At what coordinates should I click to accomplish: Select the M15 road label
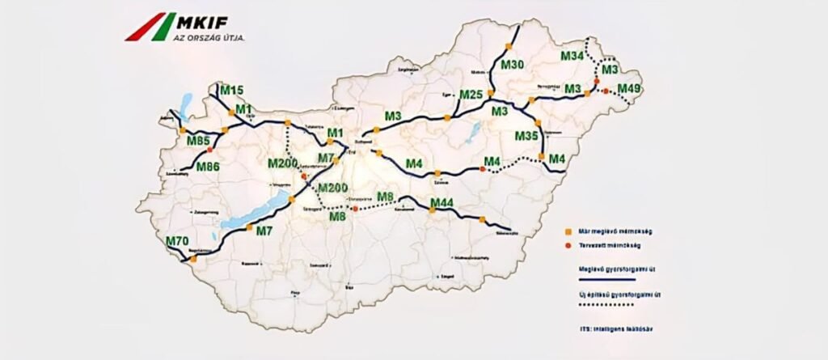(232, 90)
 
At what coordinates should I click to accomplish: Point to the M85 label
(198, 142)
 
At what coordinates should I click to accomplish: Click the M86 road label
(208, 167)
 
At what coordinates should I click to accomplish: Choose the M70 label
(176, 241)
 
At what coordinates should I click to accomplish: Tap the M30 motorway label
(513, 64)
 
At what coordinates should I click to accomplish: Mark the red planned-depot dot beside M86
(210, 150)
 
